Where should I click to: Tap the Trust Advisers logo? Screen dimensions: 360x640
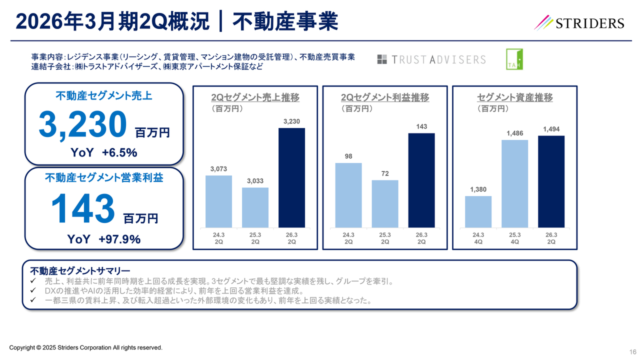pos(431,59)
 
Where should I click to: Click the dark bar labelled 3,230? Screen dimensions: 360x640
pos(291,177)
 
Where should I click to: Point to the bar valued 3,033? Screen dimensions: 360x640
pos(255,207)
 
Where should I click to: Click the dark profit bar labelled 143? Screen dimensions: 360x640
pos(421,180)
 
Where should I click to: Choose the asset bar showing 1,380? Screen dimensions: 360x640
pos(478,211)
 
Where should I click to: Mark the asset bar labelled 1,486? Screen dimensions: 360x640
pos(514,183)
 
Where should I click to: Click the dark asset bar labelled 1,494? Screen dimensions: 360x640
pos(551,181)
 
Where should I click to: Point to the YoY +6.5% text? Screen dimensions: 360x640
pos(104,152)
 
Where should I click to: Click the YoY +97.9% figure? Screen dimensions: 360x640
pos(104,239)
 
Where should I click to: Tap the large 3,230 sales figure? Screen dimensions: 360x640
pos(82,125)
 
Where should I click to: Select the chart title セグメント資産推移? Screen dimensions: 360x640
pos(514,97)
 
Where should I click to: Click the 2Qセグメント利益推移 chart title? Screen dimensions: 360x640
pos(385,97)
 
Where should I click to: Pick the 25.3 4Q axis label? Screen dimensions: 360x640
pos(514,238)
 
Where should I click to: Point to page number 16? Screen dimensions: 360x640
pos(632,350)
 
